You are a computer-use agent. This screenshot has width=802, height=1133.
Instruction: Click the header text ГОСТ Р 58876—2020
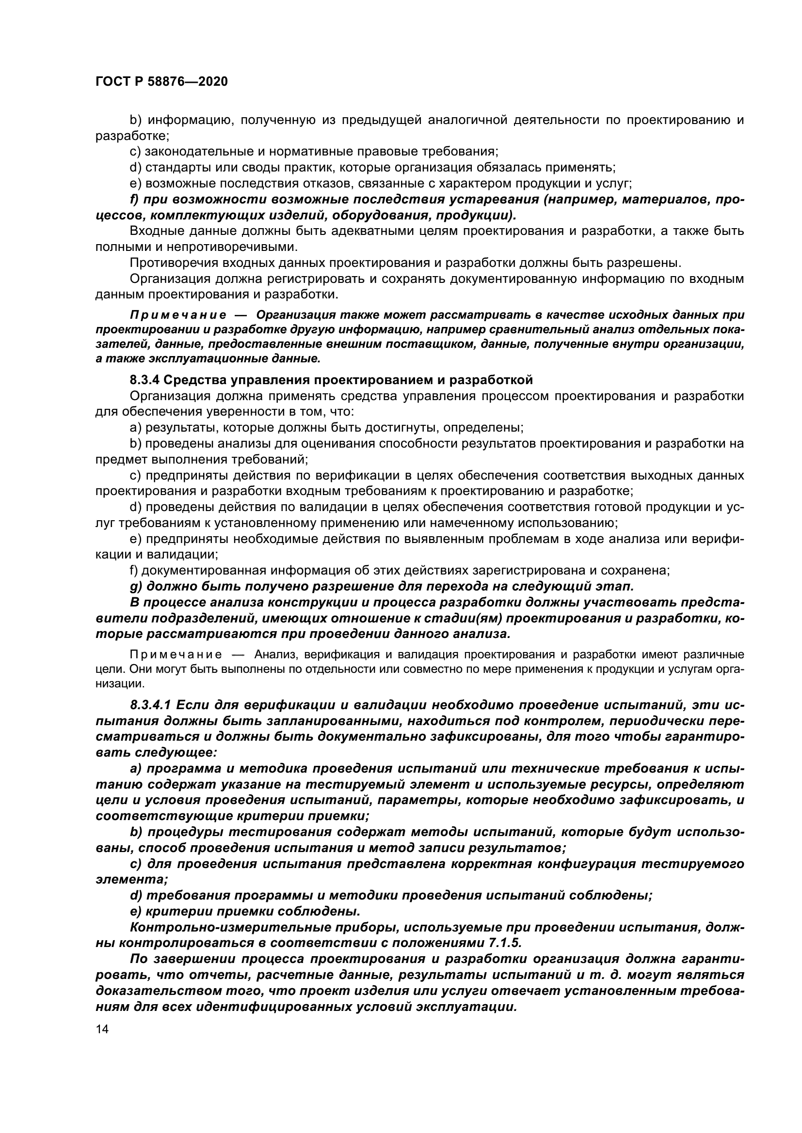pyautogui.click(x=161, y=82)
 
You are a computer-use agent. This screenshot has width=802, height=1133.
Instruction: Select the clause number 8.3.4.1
pyautogui.click(x=151, y=705)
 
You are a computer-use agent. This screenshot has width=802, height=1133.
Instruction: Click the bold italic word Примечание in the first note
pyautogui.click(x=178, y=315)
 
